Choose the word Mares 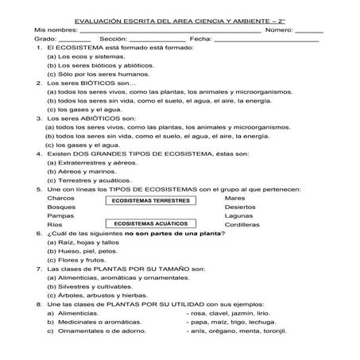[x=234, y=198]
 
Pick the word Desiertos [x=240, y=207]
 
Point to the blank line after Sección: [x=157, y=39]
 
